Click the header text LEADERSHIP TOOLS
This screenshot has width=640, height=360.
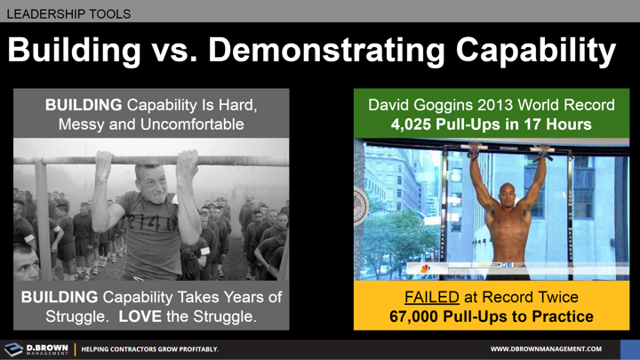tap(68, 13)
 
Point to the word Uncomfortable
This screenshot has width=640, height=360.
tap(191, 124)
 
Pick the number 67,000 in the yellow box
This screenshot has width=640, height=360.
tap(421, 316)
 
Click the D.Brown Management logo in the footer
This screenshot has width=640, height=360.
tap(36, 349)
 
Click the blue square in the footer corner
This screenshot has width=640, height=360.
tap(629, 349)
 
